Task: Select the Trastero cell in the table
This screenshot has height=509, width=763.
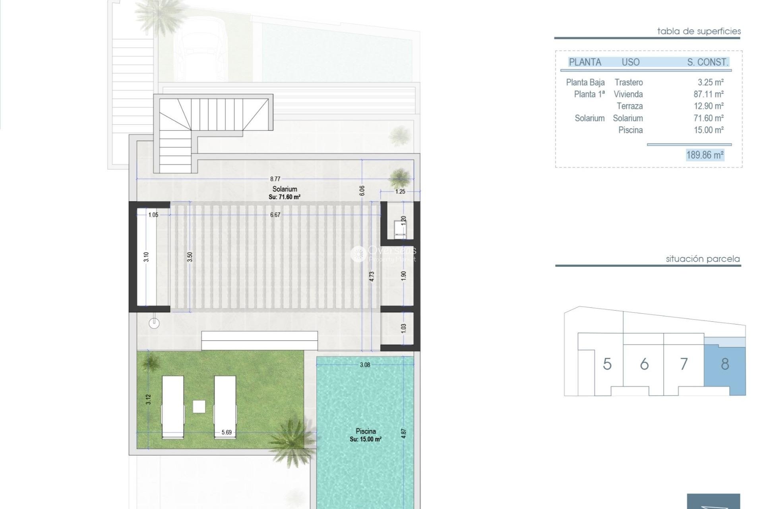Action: (x=628, y=82)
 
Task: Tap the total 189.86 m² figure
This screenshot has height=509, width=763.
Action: (x=705, y=155)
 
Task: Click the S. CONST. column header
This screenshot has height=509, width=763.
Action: (x=707, y=62)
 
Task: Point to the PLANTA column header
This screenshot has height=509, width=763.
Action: (x=585, y=62)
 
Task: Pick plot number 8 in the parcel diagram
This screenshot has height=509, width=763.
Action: (x=725, y=364)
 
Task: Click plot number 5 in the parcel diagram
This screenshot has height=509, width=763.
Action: (x=607, y=364)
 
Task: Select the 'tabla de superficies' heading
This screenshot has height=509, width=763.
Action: (x=699, y=31)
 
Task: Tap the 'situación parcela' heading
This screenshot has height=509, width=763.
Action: (x=703, y=259)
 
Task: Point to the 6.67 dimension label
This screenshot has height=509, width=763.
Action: (x=275, y=215)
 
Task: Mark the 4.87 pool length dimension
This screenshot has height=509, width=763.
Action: (x=404, y=433)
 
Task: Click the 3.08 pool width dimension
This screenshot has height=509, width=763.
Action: (x=364, y=365)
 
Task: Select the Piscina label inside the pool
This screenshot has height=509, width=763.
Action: (x=366, y=431)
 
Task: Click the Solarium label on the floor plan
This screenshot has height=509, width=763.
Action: (x=285, y=189)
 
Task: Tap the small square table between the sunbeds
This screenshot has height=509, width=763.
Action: (x=199, y=406)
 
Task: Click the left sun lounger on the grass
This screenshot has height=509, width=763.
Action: (x=173, y=407)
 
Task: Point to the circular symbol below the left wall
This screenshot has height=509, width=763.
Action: (x=154, y=323)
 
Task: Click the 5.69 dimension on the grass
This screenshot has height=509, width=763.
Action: (x=227, y=432)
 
